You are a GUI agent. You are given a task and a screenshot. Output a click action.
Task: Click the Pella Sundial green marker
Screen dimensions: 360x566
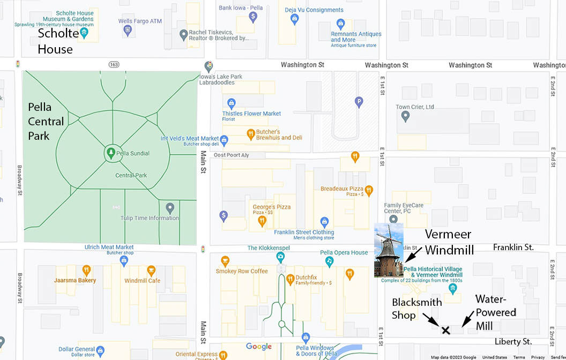pyautogui.click(x=110, y=153)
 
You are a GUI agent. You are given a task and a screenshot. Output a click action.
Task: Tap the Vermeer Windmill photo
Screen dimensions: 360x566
pyautogui.click(x=389, y=250)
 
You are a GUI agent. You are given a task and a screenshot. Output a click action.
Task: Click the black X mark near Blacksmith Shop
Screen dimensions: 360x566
pyautogui.click(x=445, y=330)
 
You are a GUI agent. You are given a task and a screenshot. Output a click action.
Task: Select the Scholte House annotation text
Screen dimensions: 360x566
pyautogui.click(x=55, y=42)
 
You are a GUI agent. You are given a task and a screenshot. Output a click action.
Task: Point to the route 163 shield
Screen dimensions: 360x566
pyautogui.click(x=114, y=64)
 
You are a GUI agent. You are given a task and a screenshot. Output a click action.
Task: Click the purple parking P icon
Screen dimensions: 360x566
pyautogui.click(x=359, y=101)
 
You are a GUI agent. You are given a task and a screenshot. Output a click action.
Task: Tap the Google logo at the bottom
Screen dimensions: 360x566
pyautogui.click(x=258, y=347)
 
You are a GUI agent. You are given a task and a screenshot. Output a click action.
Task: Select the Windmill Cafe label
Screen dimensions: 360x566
pyautogui.click(x=142, y=281)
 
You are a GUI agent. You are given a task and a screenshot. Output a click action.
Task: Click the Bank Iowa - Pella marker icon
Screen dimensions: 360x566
pyautogui.click(x=254, y=17)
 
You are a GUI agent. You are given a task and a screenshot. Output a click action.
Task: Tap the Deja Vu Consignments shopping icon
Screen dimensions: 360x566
pyautogui.click(x=294, y=19)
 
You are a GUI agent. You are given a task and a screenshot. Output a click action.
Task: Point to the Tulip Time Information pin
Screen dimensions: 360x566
pyautogui.click(x=170, y=208)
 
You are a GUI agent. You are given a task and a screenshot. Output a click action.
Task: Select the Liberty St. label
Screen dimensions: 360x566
pyautogui.click(x=513, y=341)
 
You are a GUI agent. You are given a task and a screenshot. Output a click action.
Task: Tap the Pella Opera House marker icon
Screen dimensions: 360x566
pyautogui.click(x=329, y=261)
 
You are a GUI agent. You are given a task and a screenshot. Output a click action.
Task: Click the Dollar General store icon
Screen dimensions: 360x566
pyautogui.click(x=101, y=351)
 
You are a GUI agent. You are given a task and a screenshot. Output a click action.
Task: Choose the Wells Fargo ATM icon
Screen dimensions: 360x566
pyautogui.click(x=128, y=30)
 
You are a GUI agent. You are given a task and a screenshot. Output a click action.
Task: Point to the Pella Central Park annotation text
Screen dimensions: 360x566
pyautogui.click(x=46, y=122)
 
